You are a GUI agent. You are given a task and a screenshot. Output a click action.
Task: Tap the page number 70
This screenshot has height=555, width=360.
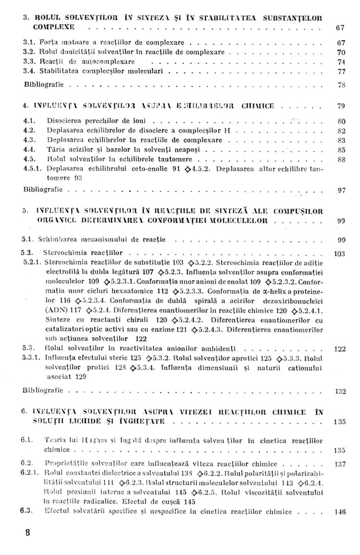pyautogui.click(x=340, y=52)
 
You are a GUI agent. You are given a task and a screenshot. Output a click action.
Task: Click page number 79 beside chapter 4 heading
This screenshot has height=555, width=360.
pyautogui.click(x=340, y=105)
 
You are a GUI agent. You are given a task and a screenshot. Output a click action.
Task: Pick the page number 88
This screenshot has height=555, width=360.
pyautogui.click(x=340, y=160)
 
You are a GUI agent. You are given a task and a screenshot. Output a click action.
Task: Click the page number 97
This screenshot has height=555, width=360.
pyautogui.click(x=340, y=190)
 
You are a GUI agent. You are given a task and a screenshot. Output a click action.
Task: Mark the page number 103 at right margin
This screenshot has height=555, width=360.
pyautogui.click(x=339, y=254)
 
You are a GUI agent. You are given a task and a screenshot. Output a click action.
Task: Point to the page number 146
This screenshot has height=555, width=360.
pyautogui.click(x=339, y=512)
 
